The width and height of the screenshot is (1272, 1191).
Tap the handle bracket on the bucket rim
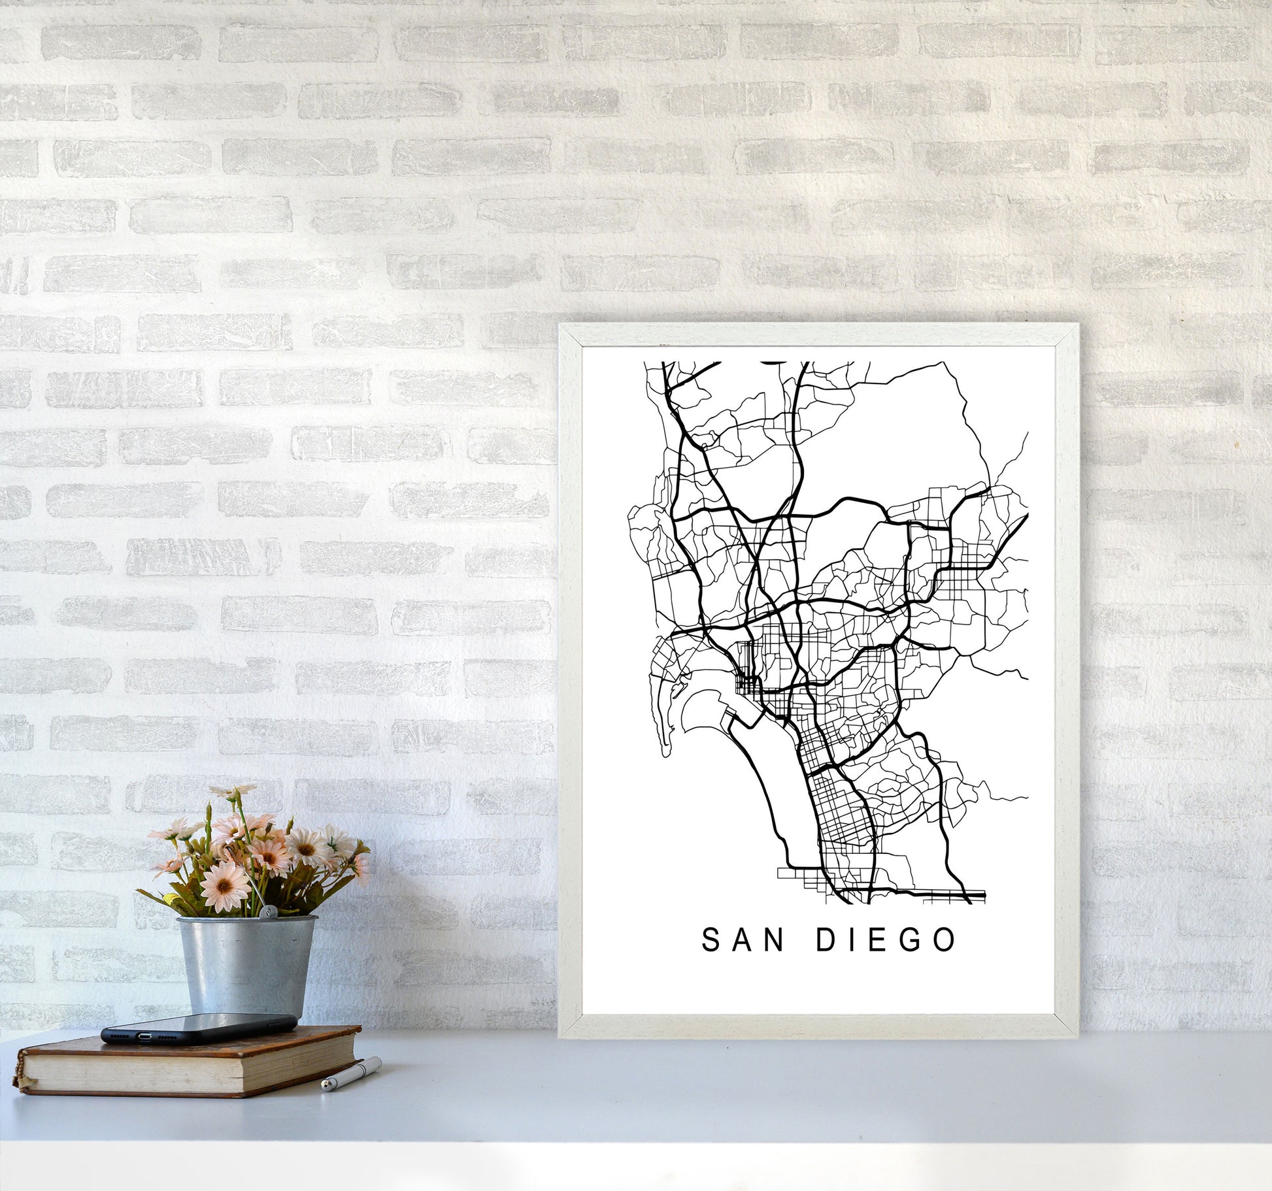(269, 915)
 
